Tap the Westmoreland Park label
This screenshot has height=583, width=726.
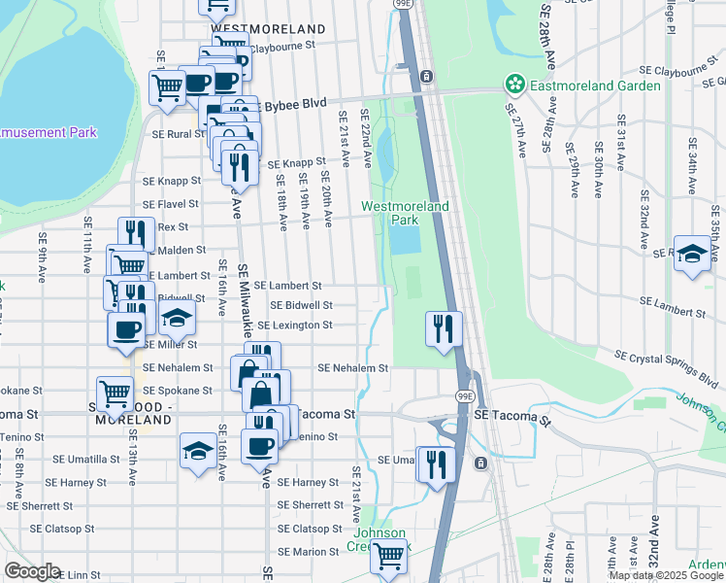coord(405,213)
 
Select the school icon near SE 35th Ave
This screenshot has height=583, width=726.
coord(692,255)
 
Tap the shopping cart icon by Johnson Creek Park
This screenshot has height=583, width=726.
coord(388,556)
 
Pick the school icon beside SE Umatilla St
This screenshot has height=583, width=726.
coord(198,451)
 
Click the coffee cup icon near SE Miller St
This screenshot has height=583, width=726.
coord(124,330)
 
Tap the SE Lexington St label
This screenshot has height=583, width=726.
coord(295,325)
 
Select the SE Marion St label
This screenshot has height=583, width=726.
coord(307,552)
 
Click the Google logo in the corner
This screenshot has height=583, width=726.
coord(32,571)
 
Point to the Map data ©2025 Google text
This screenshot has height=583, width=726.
coord(666,575)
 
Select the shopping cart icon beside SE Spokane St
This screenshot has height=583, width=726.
coord(115,393)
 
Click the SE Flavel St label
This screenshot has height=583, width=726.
coord(170,204)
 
